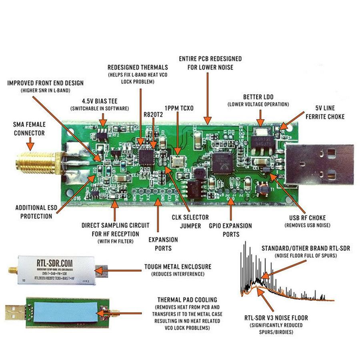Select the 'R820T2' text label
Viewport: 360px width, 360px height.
pos(154,115)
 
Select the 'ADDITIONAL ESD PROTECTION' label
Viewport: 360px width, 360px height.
pos(34,212)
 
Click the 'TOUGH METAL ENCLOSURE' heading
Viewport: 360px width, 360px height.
pos(178,266)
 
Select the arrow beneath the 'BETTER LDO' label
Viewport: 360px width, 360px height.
pos(260,118)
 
